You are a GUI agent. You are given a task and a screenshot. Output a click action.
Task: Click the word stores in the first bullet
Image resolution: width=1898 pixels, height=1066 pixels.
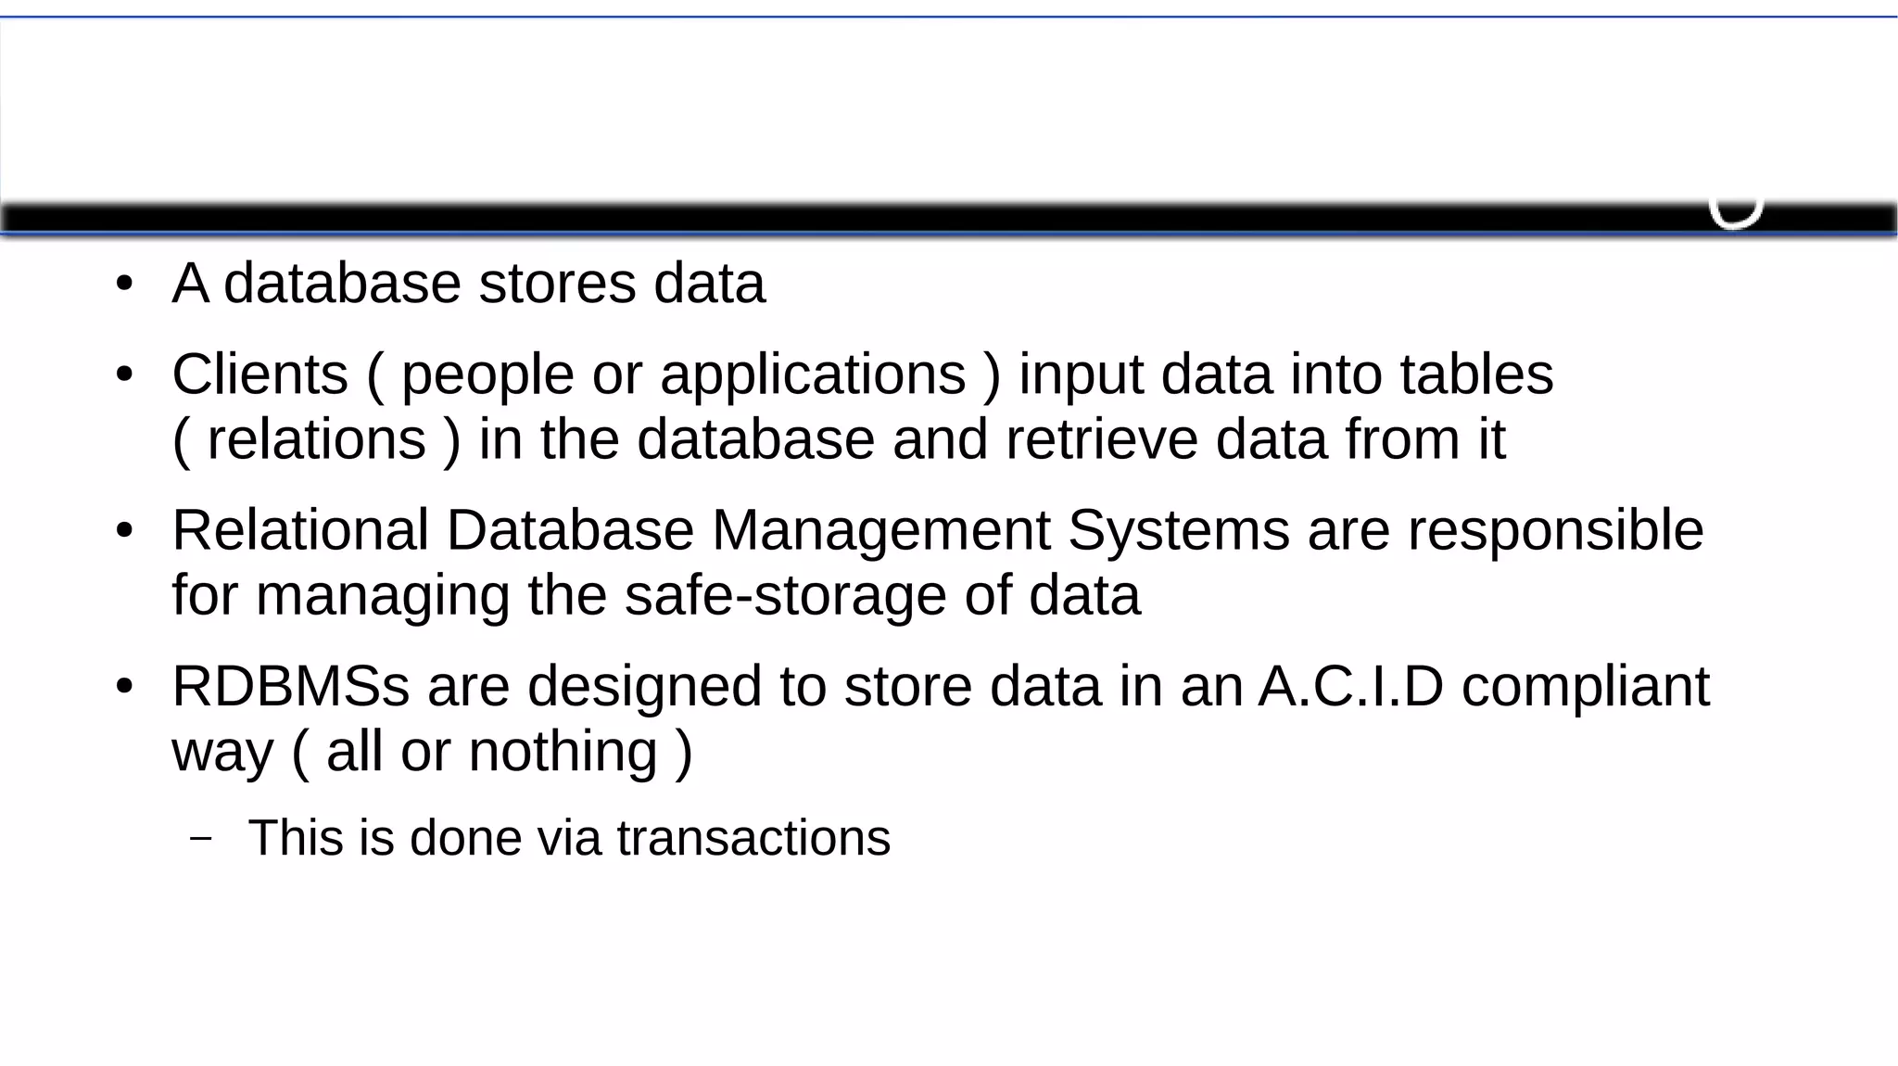tap(557, 284)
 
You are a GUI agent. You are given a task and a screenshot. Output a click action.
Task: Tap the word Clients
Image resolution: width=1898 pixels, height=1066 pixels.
tap(259, 374)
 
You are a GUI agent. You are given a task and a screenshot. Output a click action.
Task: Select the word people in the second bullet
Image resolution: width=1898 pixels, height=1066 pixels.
tap(487, 376)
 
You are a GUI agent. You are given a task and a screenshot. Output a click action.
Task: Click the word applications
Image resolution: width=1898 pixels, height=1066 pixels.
tap(813, 376)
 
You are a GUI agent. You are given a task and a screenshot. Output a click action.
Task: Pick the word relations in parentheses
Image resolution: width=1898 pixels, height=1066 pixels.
tap(316, 439)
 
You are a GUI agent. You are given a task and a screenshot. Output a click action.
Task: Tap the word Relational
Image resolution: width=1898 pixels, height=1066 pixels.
tap(300, 530)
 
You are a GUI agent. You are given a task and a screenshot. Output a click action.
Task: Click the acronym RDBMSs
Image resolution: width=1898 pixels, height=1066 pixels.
tap(290, 687)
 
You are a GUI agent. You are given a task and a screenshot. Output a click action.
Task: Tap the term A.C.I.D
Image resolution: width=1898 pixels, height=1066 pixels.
tap(1350, 687)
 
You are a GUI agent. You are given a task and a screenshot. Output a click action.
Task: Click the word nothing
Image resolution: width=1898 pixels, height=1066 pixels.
tap(563, 751)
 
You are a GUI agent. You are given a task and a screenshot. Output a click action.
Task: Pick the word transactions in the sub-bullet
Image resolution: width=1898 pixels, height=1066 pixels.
tap(753, 838)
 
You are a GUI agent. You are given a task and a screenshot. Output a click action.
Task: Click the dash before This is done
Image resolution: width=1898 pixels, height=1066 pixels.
tap(200, 838)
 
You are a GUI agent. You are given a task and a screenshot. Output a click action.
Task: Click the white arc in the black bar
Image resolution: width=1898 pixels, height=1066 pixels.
tap(1735, 217)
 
